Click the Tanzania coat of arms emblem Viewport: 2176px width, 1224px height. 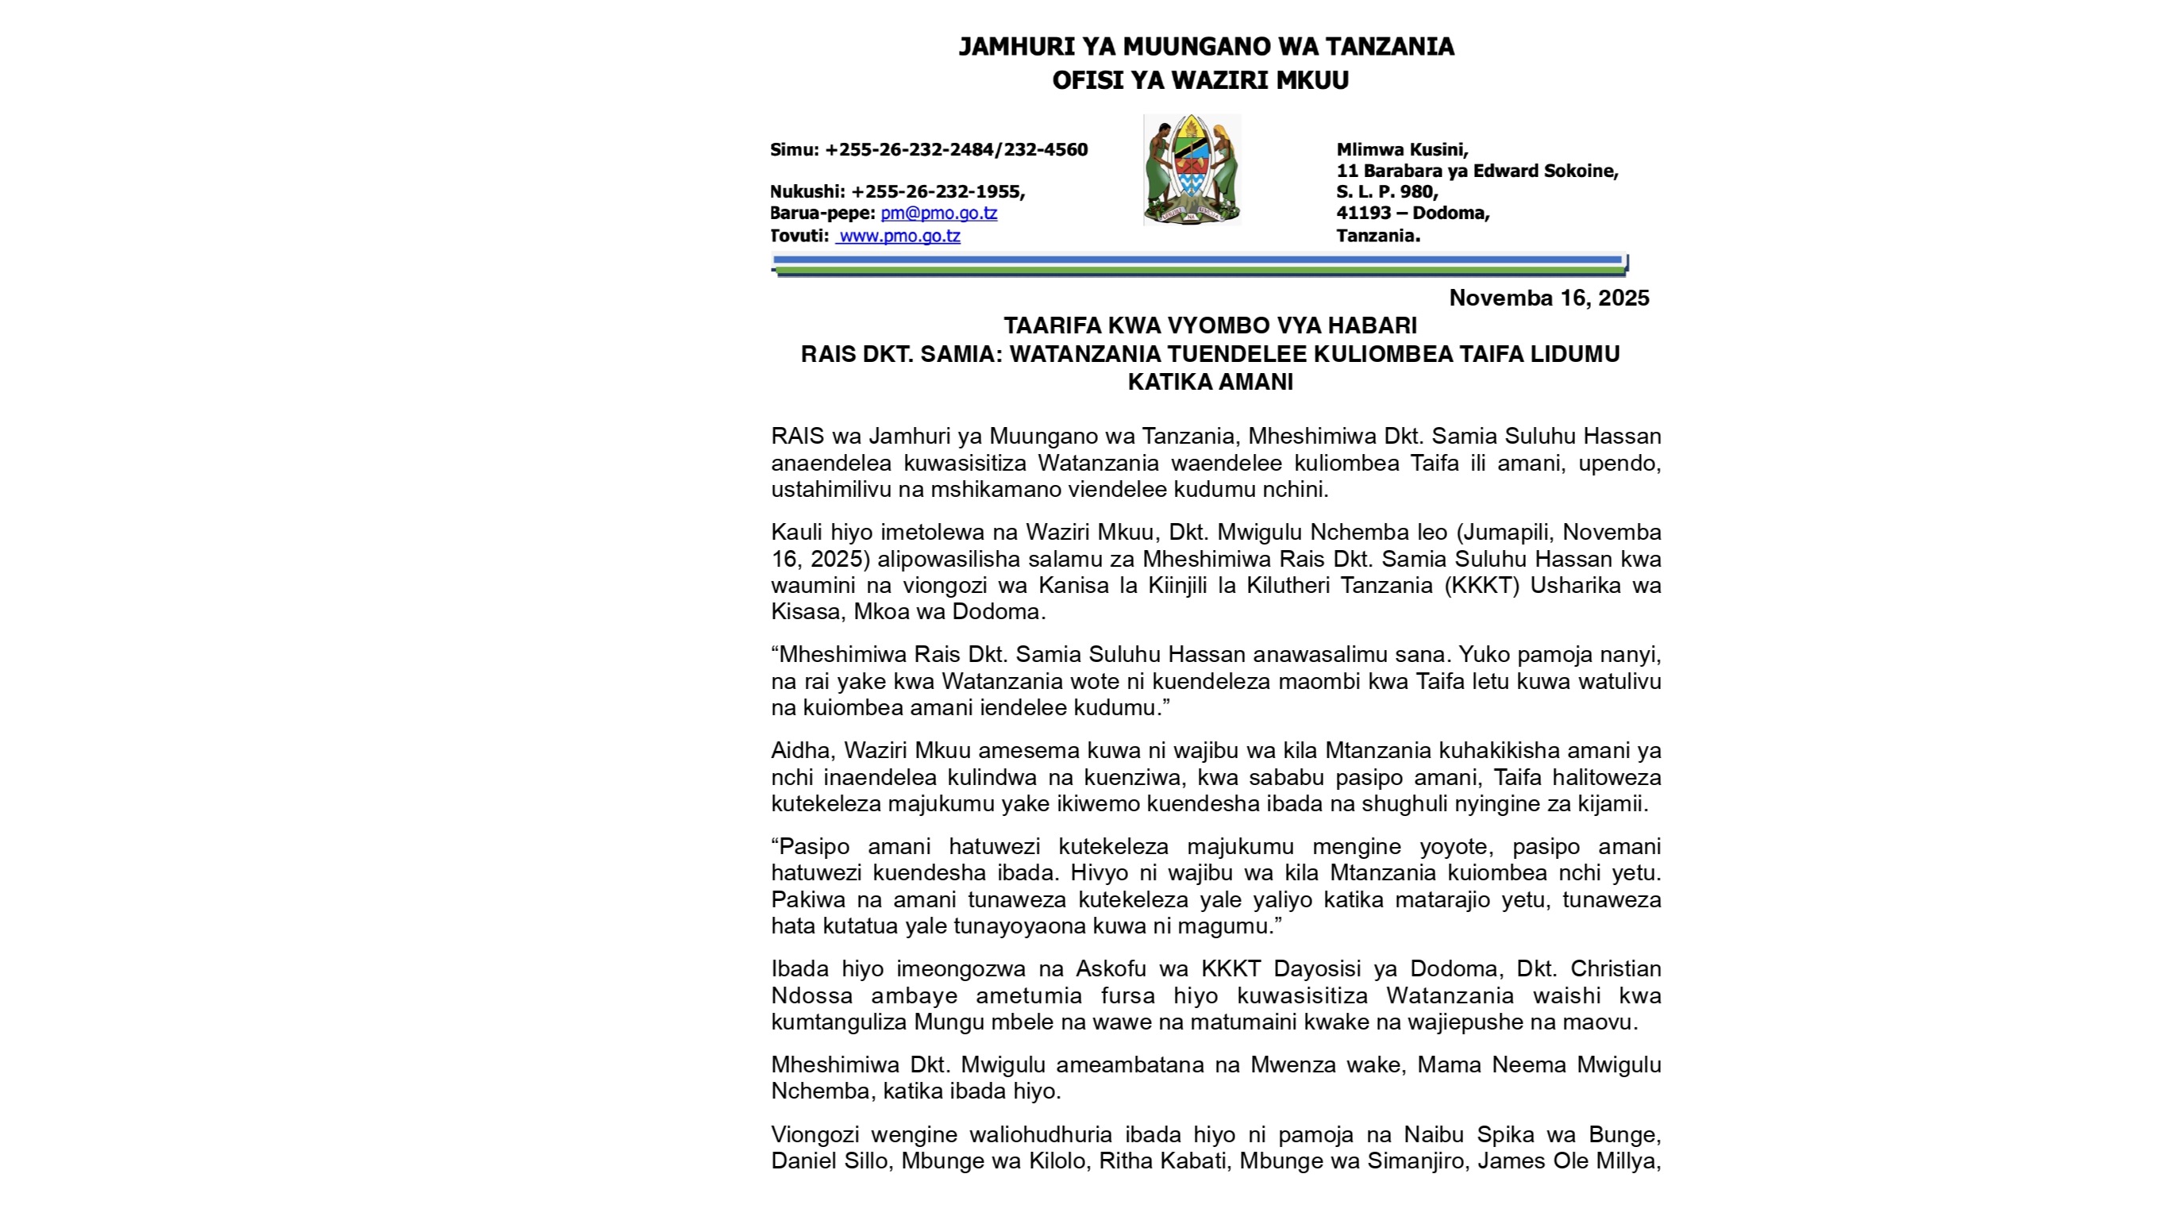pos(1191,170)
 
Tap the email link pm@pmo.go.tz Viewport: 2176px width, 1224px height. pos(938,214)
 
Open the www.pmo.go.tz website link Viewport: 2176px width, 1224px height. pos(899,237)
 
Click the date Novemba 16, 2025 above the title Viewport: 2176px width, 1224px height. pos(1548,298)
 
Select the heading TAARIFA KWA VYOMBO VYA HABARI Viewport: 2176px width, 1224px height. pos(1210,326)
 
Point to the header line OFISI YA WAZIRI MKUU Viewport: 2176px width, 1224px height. pos(1200,80)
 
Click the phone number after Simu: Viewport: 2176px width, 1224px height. pos(957,150)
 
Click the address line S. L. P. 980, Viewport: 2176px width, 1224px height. pos(1386,192)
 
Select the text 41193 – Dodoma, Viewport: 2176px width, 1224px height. pos(1412,213)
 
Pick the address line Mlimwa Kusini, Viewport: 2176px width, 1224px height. pos(1401,150)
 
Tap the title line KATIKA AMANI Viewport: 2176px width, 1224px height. pos(1210,383)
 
